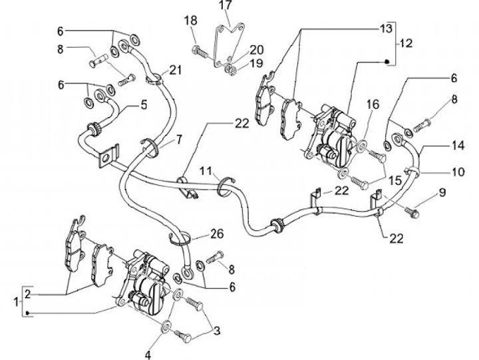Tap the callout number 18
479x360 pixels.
[191, 21]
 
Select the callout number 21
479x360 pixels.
[176, 71]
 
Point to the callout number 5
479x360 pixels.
[143, 105]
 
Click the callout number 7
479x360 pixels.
[178, 140]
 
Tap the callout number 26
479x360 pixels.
[217, 234]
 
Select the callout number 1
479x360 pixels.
[16, 303]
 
